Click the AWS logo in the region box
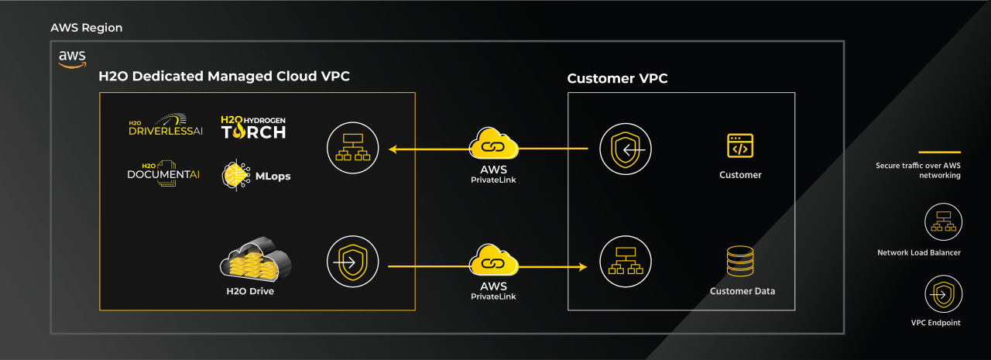pos(72,60)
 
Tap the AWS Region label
pos(87,28)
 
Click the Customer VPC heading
pos(617,78)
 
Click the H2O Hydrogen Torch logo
pos(254,127)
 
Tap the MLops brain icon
pos(235,176)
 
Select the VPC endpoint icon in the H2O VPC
pos(352,262)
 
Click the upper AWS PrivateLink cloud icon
pos(493,146)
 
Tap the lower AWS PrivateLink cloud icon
pos(493,262)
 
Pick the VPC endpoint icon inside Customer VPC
pos(626,147)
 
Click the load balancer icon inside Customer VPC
pos(626,262)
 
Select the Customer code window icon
pos(740,146)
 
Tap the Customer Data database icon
pos(741,262)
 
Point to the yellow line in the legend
pos(939,152)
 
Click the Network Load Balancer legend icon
pos(942,221)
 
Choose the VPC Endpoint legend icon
pos(942,295)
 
